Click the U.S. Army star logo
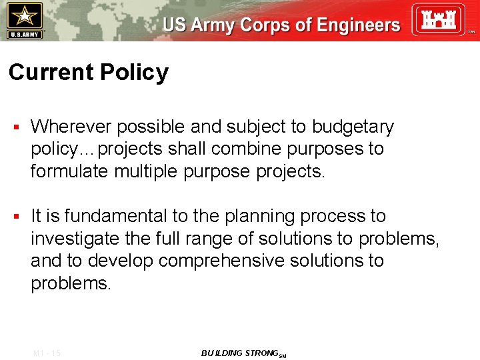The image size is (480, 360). pyautogui.click(x=23, y=19)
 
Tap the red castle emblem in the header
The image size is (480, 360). pyautogui.click(x=437, y=20)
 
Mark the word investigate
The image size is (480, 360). pyautogui.click(x=75, y=239)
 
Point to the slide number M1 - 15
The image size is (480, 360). pyautogui.click(x=46, y=353)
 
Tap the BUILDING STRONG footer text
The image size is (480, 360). pyautogui.click(x=242, y=353)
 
